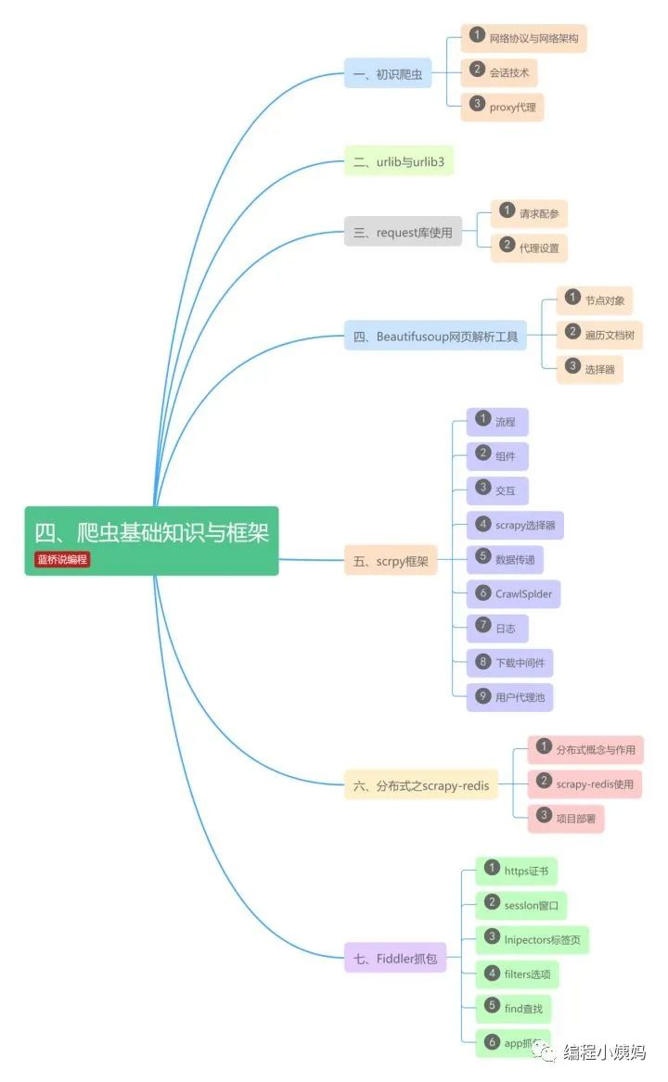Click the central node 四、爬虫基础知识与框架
[151, 532]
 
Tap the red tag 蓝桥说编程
[62, 559]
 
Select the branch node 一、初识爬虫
[387, 73]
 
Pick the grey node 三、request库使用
[403, 232]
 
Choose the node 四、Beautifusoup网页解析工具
[435, 336]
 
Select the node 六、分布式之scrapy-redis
[420, 785]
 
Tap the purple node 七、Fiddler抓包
[394, 957]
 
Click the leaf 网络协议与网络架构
[524, 39]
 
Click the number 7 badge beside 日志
[482, 626]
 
